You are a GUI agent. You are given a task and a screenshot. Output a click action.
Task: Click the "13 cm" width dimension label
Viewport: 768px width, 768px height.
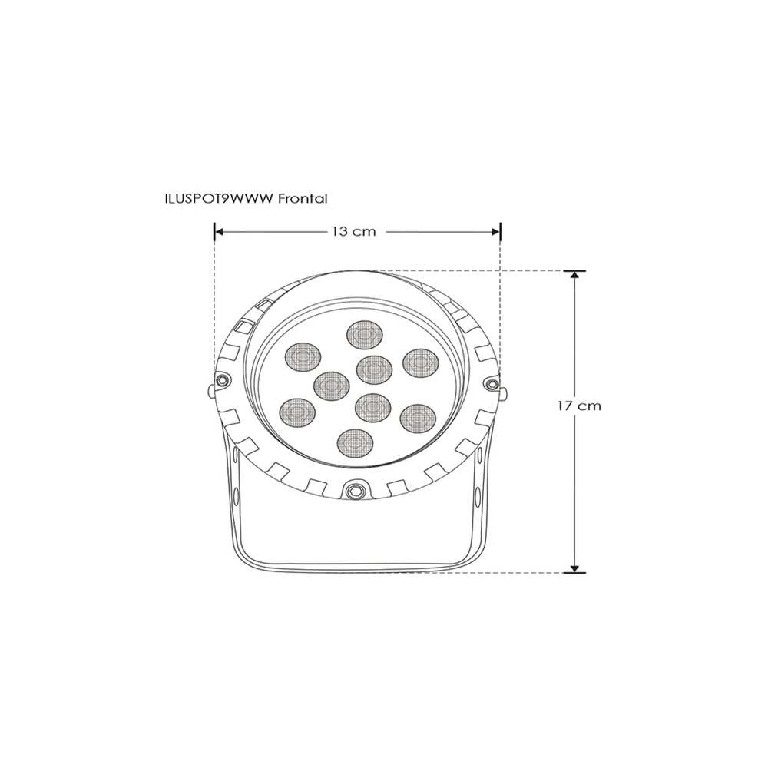[354, 231]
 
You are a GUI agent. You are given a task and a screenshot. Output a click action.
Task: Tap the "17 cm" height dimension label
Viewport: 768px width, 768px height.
[579, 406]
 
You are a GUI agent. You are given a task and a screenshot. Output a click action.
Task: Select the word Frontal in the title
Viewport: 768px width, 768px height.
[303, 198]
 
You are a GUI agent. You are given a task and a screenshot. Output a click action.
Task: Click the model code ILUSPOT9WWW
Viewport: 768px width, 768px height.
[219, 198]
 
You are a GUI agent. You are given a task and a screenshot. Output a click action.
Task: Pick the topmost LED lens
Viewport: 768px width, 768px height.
[365, 336]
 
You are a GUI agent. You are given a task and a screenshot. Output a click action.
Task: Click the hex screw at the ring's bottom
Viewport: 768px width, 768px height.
[354, 488]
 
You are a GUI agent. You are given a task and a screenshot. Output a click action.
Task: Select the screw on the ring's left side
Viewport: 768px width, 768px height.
[221, 380]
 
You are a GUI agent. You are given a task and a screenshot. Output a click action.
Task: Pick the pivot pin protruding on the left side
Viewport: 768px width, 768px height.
[210, 391]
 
